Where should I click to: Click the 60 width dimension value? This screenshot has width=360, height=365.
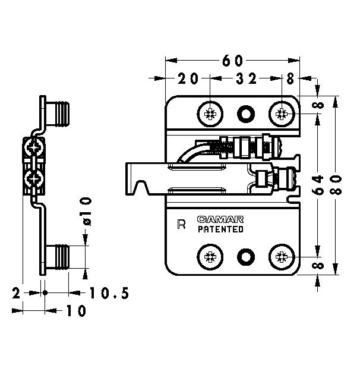point(232,61)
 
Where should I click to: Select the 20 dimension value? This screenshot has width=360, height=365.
point(188,78)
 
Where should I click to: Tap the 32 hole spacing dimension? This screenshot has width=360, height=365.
point(246,78)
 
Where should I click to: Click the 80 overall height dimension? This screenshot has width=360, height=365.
point(336,185)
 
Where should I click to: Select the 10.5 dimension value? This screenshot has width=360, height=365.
point(109,293)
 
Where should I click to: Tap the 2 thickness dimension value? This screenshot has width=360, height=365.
point(16,293)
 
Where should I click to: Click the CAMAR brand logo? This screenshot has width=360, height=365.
point(220,219)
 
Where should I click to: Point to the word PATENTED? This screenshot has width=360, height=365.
point(220,229)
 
